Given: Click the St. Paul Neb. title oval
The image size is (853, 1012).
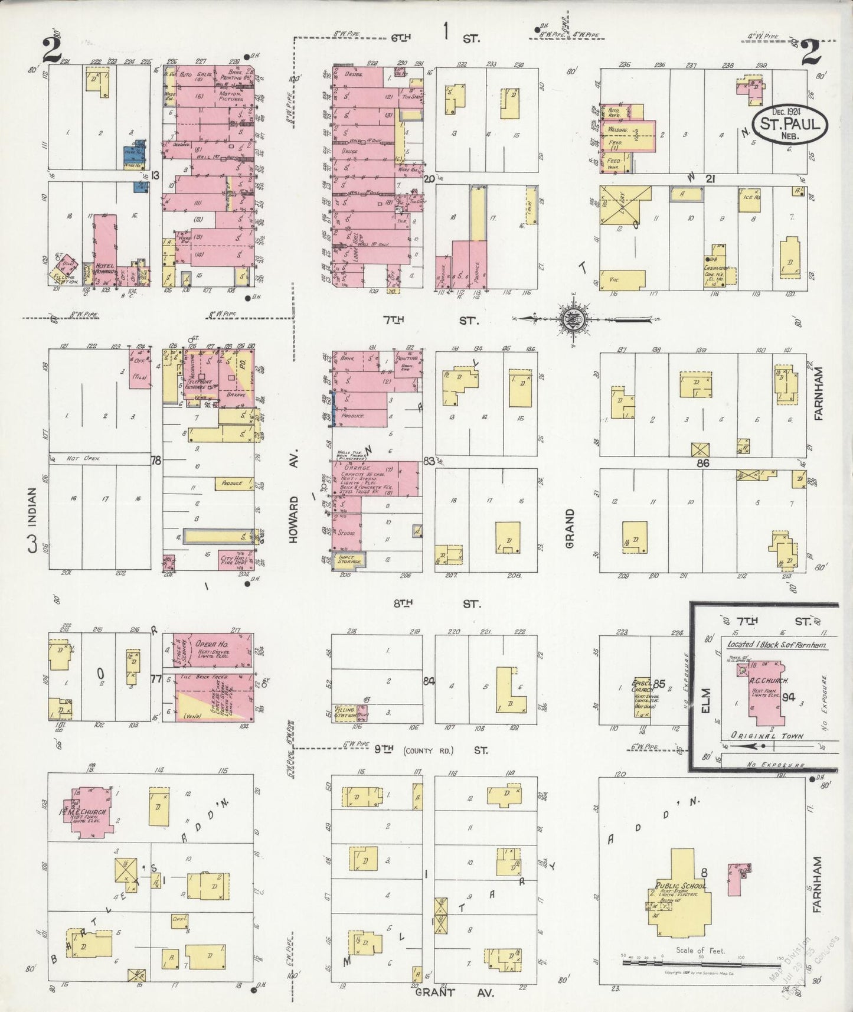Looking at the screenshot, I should (793, 125).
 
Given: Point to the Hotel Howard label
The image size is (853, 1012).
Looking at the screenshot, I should (104, 269).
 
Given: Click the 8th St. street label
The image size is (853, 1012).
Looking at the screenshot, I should (437, 603).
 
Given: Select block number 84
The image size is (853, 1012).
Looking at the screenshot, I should (429, 681).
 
